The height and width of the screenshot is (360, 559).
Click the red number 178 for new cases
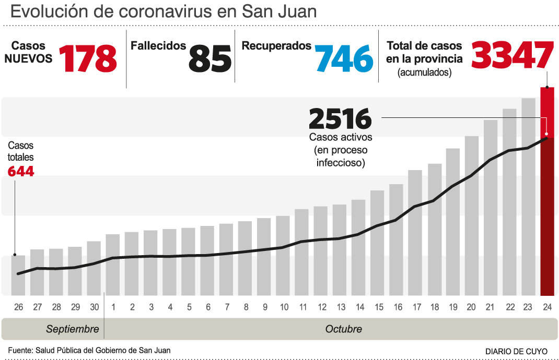point(88,58)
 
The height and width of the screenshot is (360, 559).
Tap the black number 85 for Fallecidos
point(209,58)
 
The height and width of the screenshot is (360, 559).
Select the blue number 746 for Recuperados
point(344,58)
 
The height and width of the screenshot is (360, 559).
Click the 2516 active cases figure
point(340,119)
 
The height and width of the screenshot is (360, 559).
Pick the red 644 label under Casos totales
point(21,171)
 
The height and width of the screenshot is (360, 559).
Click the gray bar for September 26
point(18,275)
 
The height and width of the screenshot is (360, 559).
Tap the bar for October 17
point(415,232)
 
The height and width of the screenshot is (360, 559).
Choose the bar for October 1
point(113,265)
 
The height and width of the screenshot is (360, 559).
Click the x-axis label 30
point(94,307)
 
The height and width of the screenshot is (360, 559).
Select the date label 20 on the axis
point(471,307)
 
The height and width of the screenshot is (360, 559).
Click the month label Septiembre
point(72,329)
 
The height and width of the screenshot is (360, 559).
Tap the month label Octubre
point(343,329)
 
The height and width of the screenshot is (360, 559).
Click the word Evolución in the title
point(46,12)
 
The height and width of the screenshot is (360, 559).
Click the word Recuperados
point(276,46)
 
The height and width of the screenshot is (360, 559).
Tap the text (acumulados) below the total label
point(424,73)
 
